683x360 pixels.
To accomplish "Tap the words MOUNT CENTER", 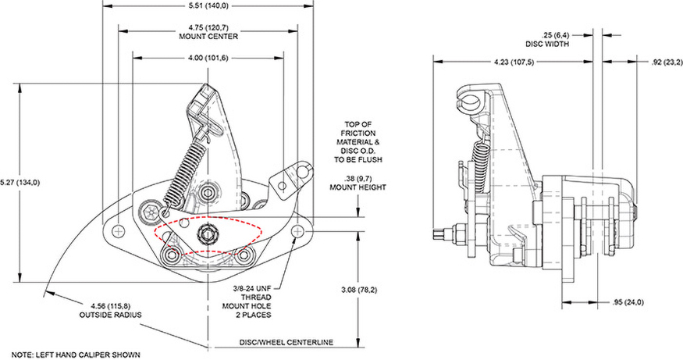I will click(208, 36).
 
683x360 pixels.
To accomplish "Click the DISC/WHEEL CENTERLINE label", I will click(286, 343).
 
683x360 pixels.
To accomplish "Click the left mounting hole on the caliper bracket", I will click(119, 230).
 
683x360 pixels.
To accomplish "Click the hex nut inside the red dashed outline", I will click(208, 232).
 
